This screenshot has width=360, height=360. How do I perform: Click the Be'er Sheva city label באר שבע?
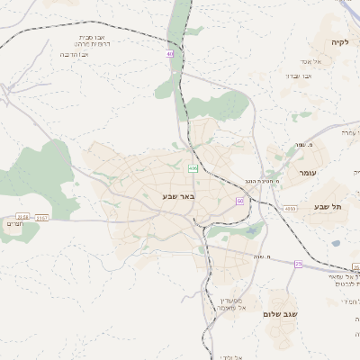(x=178, y=195)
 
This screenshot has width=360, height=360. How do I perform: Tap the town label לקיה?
(x=339, y=41)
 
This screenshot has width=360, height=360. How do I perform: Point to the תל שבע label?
(x=328, y=206)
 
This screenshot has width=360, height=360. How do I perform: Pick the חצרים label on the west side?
(x=13, y=223)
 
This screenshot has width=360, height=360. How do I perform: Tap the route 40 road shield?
(x=169, y=54)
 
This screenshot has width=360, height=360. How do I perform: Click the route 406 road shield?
(x=193, y=168)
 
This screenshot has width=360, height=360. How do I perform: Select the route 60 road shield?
(x=240, y=201)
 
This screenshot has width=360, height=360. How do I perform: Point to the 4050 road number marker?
(x=289, y=209)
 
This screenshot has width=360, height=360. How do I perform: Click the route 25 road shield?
(x=298, y=264)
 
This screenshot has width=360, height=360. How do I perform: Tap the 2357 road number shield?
(x=42, y=217)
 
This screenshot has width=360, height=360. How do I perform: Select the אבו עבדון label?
(x=298, y=76)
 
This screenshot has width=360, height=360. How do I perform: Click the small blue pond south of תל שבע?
(x=336, y=243)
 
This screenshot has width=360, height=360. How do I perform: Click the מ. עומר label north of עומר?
(x=299, y=146)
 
